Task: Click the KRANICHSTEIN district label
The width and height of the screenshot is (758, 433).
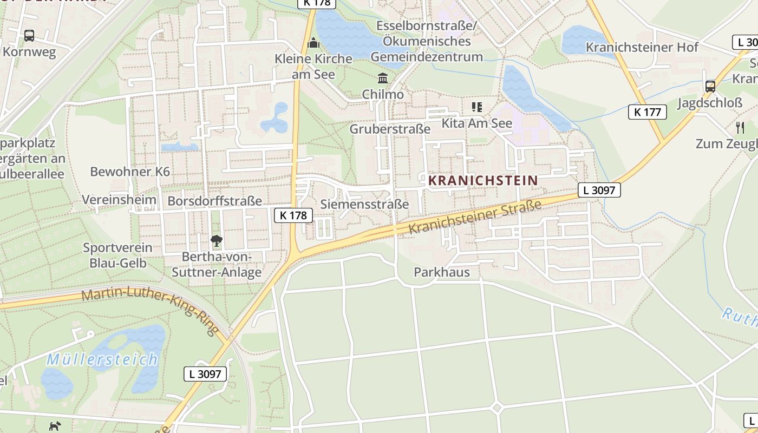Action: pos(483,180)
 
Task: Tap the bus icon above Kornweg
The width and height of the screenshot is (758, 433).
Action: pos(29,36)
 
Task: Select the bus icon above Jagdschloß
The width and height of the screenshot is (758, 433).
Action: pos(710,86)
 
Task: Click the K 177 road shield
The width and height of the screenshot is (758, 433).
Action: pos(647,112)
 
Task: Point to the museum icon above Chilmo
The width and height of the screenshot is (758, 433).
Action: pos(383,77)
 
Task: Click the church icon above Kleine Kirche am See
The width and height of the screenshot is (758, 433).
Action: pos(313,43)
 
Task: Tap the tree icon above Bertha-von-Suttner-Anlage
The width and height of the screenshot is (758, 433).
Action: pos(217,241)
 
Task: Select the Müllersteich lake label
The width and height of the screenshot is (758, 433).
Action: pos(102,359)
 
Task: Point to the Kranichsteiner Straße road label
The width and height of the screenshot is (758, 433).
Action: pos(475,217)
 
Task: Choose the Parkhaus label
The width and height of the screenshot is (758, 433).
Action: pos(442,272)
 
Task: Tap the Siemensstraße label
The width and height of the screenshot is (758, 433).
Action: pos(364,204)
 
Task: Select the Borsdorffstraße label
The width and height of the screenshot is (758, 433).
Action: pos(214,201)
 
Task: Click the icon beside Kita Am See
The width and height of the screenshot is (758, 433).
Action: pos(476,107)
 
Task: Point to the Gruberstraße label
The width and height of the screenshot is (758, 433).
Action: pos(390,129)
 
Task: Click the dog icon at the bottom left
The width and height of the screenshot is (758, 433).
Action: pos(55,427)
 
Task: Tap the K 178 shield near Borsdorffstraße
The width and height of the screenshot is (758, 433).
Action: pos(293,215)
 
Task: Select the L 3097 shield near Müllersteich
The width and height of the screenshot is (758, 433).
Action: pos(205,373)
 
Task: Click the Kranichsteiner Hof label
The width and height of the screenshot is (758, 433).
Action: pos(642,47)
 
